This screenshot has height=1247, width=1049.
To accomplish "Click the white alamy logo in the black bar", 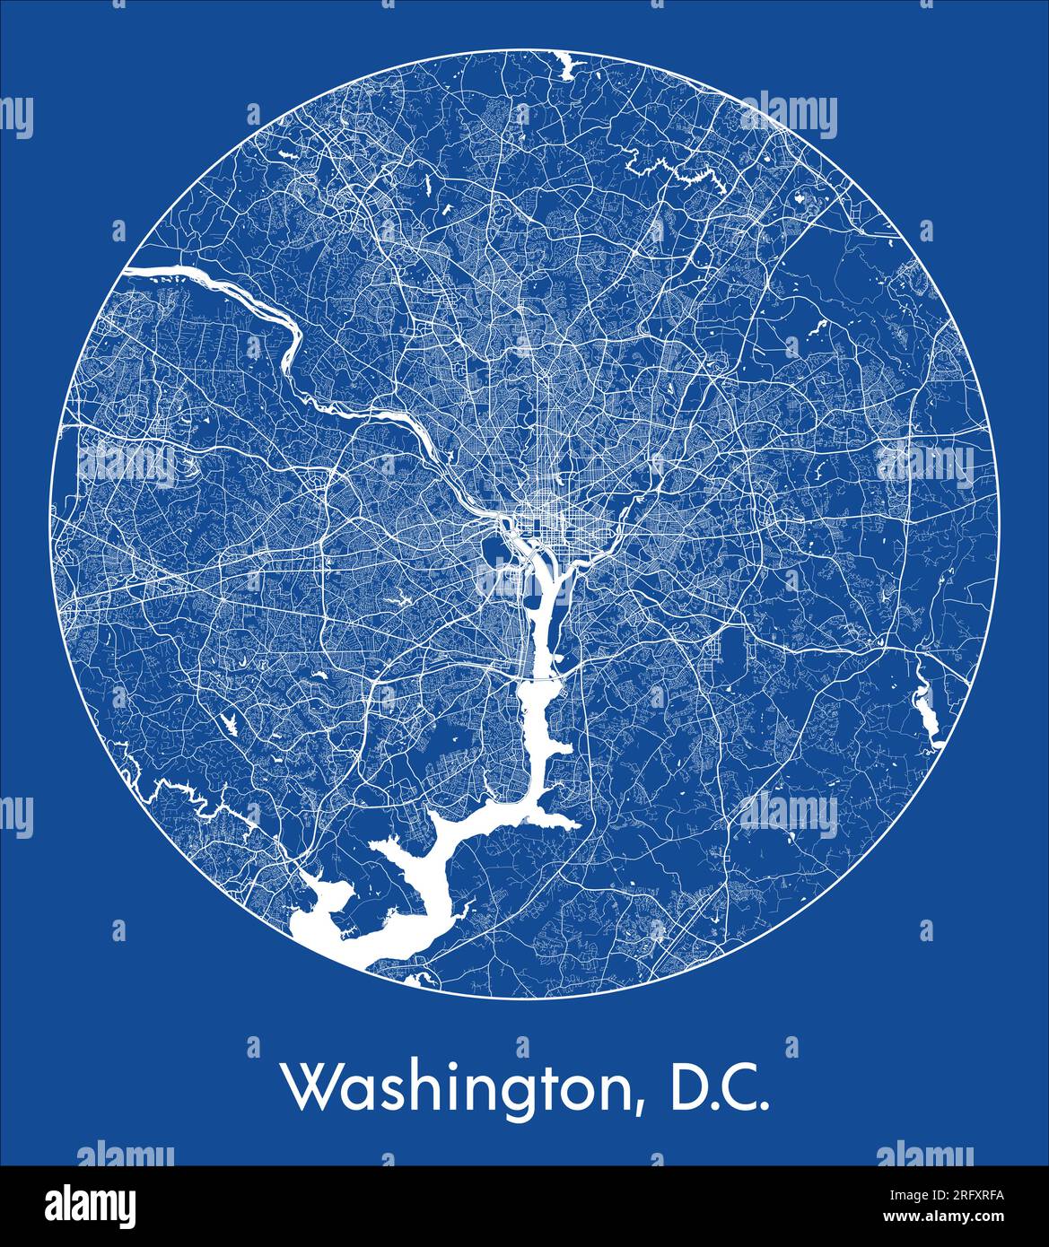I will [92, 1205].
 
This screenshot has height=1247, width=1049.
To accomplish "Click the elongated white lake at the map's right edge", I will [923, 709].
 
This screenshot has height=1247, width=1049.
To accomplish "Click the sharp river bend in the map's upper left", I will [292, 345].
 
